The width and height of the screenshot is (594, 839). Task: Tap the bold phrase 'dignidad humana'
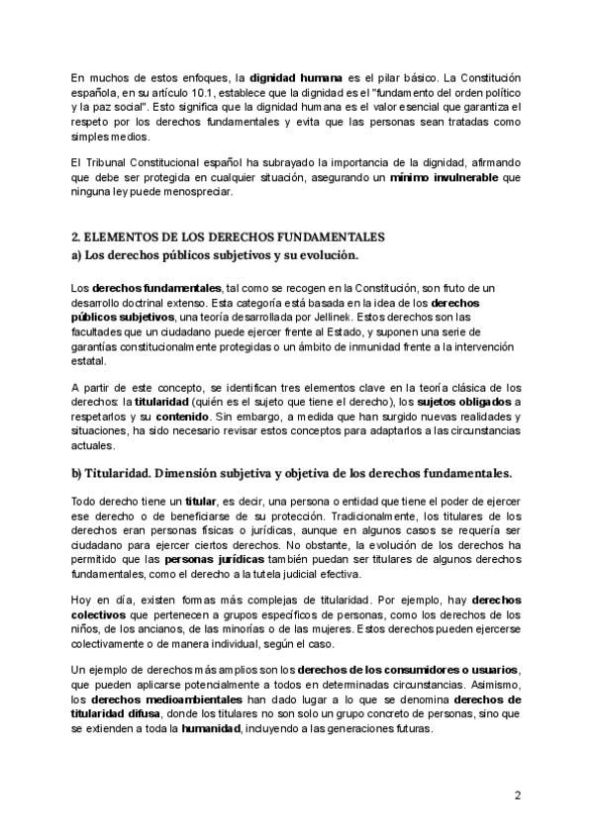(x=293, y=75)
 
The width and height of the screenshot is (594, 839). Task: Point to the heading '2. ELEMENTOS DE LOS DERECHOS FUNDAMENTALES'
(x=228, y=237)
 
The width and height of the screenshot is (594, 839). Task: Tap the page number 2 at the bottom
(x=517, y=794)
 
